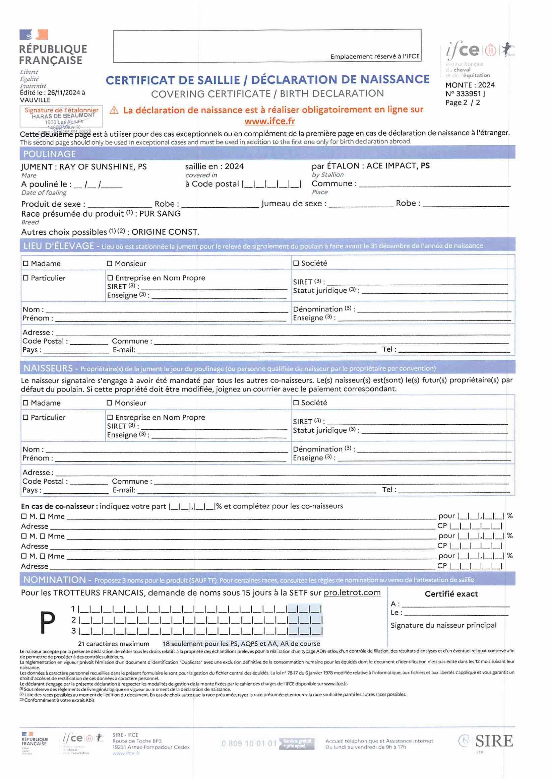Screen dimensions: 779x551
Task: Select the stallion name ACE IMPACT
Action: click(391, 166)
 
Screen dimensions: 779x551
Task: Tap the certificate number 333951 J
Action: click(470, 94)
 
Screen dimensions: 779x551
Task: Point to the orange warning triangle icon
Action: click(114, 110)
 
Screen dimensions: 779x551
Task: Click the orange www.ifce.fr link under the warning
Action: click(269, 121)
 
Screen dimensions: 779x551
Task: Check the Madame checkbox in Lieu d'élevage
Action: click(26, 264)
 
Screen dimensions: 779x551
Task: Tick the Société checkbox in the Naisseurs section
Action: click(296, 403)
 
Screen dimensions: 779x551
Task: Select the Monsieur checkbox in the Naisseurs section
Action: click(109, 403)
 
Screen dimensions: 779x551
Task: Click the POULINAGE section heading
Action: click(50, 154)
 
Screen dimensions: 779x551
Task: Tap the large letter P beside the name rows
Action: click(48, 623)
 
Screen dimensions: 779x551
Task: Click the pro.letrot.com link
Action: click(352, 593)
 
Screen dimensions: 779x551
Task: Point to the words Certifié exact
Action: click(451, 594)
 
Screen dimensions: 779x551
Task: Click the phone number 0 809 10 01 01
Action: click(249, 744)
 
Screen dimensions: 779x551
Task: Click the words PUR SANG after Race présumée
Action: click(160, 214)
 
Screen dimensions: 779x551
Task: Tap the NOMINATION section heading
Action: click(55, 580)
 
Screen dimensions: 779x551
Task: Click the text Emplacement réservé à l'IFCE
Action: click(375, 57)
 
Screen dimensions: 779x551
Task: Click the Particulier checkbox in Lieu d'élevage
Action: click(26, 278)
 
